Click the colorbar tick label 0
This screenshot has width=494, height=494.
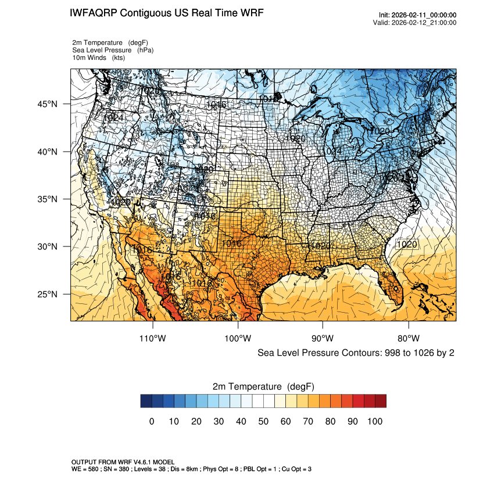coord(152,422)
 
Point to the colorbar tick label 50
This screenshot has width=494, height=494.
coord(263,422)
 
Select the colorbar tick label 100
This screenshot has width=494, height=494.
coord(375,422)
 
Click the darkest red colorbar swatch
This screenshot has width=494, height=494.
coord(380,401)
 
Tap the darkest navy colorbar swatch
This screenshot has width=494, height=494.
coord(146,401)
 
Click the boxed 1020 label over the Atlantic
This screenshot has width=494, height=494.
coord(406,245)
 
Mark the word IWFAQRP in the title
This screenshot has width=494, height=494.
coord(94,13)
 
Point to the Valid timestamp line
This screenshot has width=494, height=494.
coord(414,23)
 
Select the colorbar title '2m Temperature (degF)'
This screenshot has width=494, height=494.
coord(263,386)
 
